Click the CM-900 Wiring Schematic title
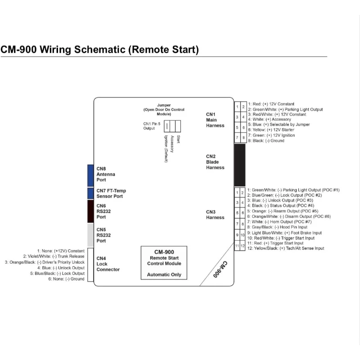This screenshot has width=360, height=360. (x=99, y=49)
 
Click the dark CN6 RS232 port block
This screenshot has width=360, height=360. (x=90, y=211)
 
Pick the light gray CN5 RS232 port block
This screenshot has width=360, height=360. (x=90, y=234)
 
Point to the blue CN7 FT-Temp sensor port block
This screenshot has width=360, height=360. (x=90, y=193)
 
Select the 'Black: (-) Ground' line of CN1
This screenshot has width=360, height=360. (x=265, y=140)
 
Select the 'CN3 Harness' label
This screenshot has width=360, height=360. (x=215, y=215)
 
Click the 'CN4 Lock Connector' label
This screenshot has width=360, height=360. (x=108, y=264)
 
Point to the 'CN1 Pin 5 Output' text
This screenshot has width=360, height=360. (x=149, y=126)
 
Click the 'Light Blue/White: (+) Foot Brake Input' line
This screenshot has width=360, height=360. (x=284, y=233)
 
